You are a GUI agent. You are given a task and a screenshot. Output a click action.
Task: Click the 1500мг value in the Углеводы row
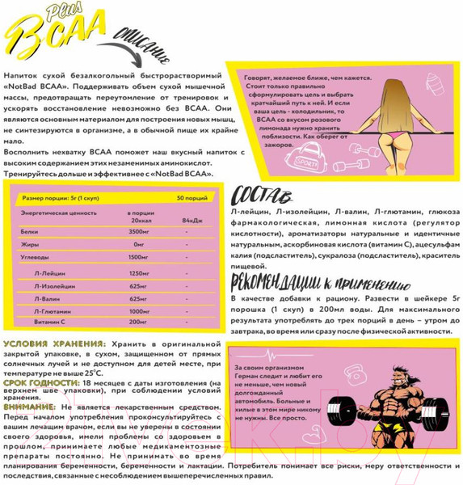140,256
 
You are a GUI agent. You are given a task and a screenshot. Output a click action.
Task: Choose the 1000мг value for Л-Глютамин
140,311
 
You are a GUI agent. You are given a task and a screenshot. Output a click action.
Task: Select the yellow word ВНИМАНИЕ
29,407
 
